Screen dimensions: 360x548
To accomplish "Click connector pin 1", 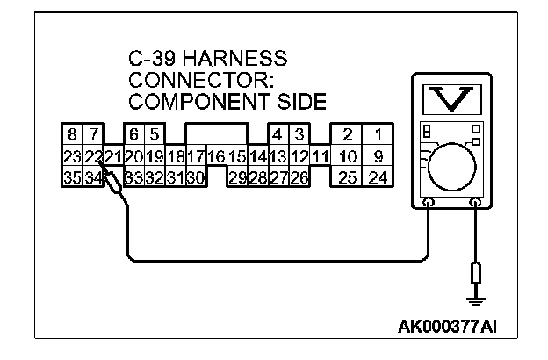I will pos(378,135).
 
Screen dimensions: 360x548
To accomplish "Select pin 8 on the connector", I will pos(73,135).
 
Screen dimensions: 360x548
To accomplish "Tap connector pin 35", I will pos(73,177).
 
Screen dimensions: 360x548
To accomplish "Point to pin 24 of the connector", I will pos(378,177).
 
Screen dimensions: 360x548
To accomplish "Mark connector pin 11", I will pos(320,156).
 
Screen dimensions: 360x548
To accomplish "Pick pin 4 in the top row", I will pos(278,135).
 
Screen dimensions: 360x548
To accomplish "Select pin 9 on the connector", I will pos(378,156).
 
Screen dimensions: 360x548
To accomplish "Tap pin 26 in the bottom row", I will pos(299,177).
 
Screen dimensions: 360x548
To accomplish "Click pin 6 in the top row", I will pos(133,135).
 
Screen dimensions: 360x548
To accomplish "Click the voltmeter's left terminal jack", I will pos(428,204).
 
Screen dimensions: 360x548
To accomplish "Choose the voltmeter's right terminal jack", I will pos(476,204).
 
